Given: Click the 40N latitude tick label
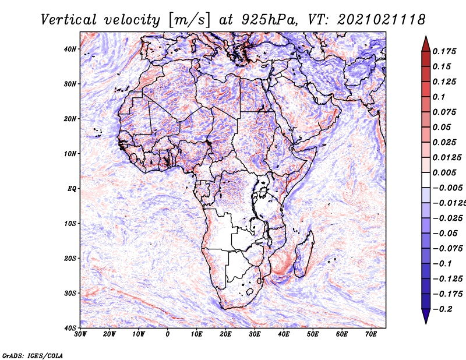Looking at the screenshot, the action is pyautogui.click(x=70, y=49).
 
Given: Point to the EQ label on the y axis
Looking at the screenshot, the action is pyautogui.click(x=72, y=189).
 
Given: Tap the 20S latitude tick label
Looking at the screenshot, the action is pyautogui.click(x=70, y=258).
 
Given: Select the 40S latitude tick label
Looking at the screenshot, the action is pyautogui.click(x=70, y=328).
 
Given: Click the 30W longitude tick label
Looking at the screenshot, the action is pyautogui.click(x=80, y=334).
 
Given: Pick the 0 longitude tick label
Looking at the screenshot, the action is pyautogui.click(x=168, y=334).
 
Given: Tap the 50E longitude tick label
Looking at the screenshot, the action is pyautogui.click(x=313, y=334).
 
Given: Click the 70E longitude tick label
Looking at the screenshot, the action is pyautogui.click(x=371, y=334).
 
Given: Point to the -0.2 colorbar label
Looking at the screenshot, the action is pyautogui.click(x=442, y=309).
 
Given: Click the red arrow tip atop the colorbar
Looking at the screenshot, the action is pyautogui.click(x=426, y=37).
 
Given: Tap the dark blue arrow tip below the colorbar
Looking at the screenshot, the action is pyautogui.click(x=426, y=323).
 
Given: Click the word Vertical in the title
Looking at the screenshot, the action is pyautogui.click(x=69, y=20).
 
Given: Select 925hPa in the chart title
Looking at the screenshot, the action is pyautogui.click(x=269, y=20).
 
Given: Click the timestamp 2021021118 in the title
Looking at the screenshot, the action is pyautogui.click(x=382, y=20).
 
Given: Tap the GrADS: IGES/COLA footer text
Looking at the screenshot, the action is pyautogui.click(x=33, y=355).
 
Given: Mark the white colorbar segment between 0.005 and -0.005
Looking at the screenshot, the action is pyautogui.click(x=426, y=180).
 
